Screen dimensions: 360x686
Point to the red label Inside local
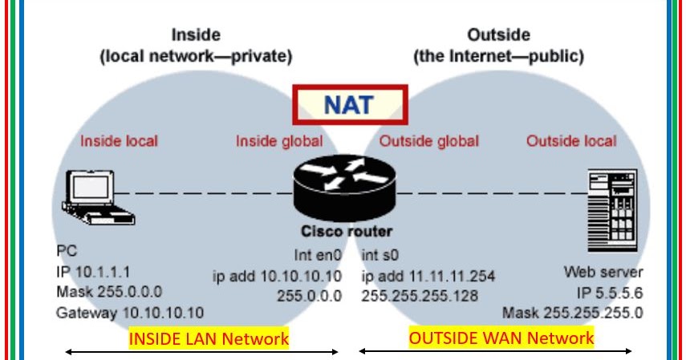click(119, 141)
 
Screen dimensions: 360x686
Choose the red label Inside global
click(278, 141)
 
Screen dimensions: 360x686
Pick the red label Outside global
click(428, 141)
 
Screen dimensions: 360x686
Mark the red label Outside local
click(571, 141)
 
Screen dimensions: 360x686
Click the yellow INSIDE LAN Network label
click(209, 338)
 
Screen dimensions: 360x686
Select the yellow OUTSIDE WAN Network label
click(501, 338)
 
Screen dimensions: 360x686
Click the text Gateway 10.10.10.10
click(130, 313)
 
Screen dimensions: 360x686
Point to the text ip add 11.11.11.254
click(428, 277)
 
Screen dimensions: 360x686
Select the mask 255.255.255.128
click(420, 295)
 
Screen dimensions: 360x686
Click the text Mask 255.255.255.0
click(573, 313)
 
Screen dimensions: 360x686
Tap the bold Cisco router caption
click(347, 232)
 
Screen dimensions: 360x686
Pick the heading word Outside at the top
click(497, 34)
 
